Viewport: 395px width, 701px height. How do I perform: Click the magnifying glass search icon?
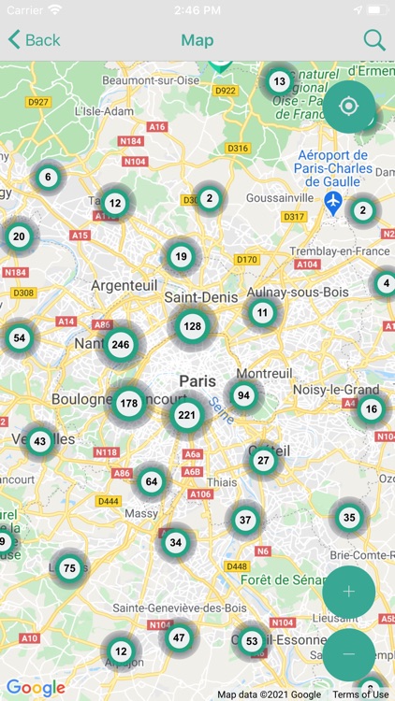373,40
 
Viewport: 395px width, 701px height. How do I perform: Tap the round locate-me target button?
349,106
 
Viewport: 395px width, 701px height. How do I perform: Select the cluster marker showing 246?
120,345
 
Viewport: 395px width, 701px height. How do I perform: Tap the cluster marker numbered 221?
187,414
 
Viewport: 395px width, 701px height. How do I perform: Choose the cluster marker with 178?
129,404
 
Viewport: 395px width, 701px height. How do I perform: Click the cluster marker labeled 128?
192,326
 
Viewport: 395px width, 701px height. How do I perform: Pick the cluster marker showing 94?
243,395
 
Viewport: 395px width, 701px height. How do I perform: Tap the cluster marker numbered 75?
69,567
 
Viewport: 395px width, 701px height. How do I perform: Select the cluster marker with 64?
152,482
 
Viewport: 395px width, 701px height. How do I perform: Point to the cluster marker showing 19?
182,257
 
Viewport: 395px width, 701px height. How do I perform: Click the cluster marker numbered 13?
279,81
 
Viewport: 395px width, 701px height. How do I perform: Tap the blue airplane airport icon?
333,201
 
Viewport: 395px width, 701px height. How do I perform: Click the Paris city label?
197,381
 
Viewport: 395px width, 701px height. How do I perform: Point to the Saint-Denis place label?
198,296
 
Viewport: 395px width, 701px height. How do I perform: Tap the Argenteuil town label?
123,285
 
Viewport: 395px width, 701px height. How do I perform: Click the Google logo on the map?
36,688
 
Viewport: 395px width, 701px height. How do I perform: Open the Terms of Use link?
360,694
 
